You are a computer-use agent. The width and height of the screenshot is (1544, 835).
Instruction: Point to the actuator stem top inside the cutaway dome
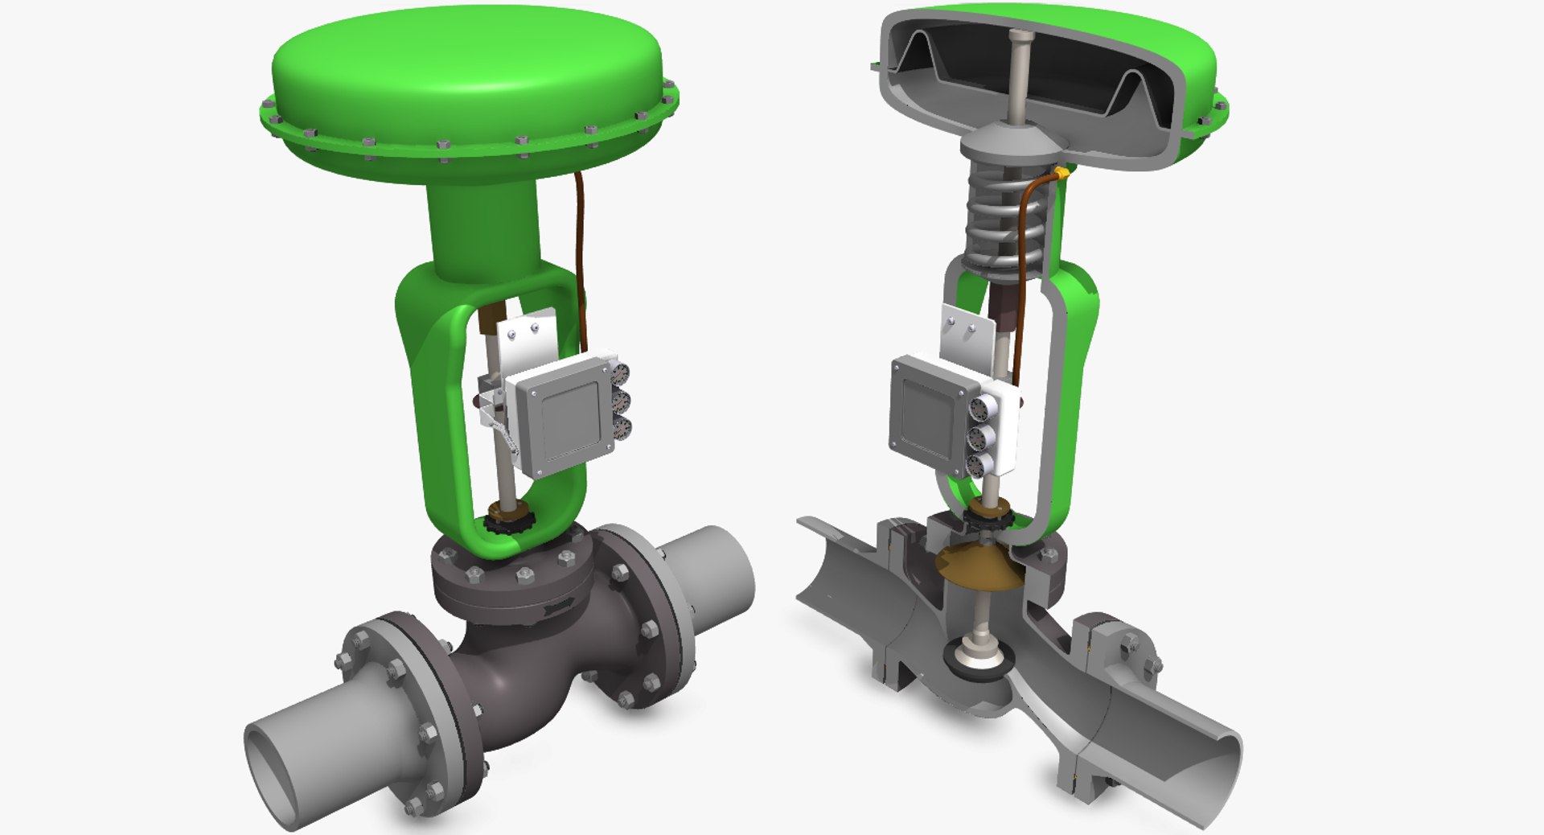1020,36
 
